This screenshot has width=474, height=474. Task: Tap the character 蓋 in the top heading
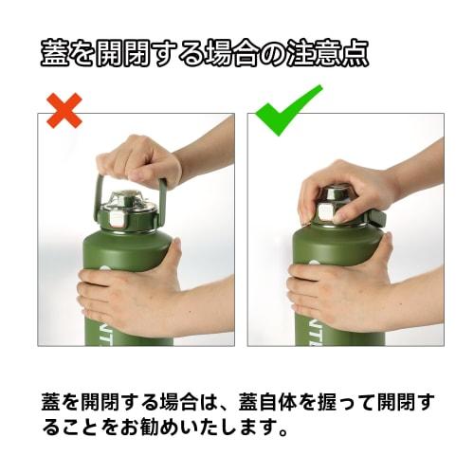point(54,53)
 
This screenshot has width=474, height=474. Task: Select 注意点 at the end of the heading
point(328,53)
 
